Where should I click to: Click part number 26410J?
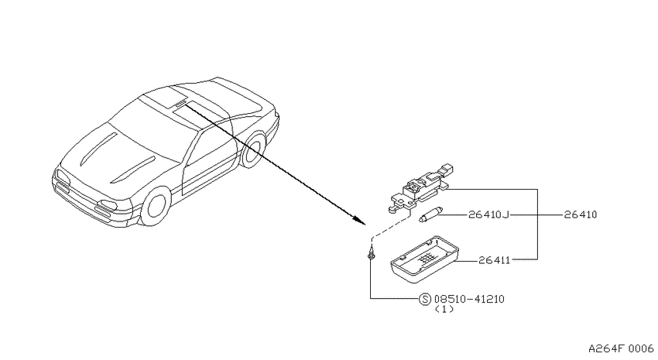pos(488,214)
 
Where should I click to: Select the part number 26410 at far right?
pos(581,214)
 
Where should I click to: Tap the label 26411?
pos(495,260)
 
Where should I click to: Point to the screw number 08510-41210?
pos(469,299)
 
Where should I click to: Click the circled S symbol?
pos(425,299)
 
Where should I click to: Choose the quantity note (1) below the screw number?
pos(444,309)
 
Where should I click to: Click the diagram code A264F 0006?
pos(621,348)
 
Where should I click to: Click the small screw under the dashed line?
pos(371,253)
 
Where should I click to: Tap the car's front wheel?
pos(156,207)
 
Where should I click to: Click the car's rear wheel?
pos(252,149)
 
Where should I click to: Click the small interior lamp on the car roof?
pos(180,103)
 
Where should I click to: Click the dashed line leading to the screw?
pos(390,227)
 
